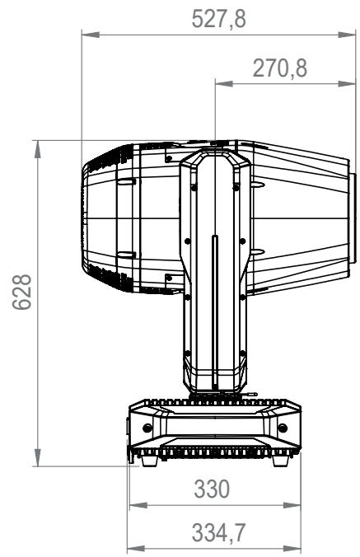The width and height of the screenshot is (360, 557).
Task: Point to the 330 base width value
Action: (x=213, y=489)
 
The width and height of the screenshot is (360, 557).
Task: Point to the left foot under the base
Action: (x=148, y=462)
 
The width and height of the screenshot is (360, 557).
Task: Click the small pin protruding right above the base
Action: (x=255, y=394)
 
